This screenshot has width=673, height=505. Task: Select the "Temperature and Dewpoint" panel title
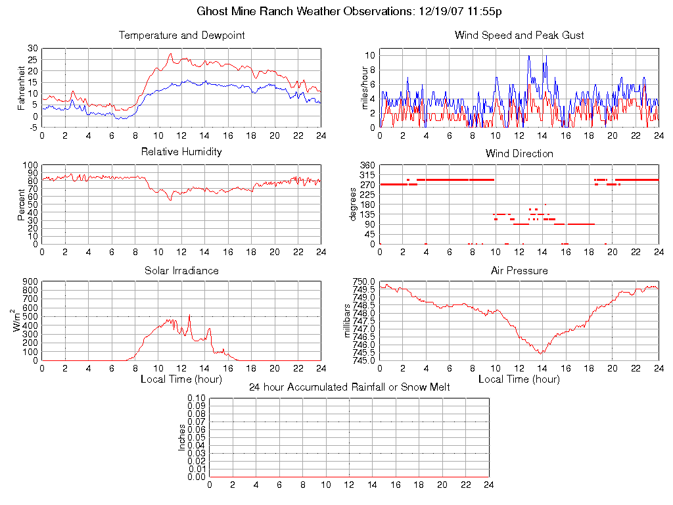(x=181, y=36)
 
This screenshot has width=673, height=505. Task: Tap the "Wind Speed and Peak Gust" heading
(x=519, y=36)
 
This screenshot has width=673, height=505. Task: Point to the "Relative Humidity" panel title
(x=181, y=152)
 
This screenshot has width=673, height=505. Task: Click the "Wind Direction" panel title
(x=519, y=154)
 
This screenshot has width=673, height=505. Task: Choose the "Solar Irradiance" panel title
(x=181, y=271)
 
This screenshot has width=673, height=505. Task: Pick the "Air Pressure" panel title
(x=519, y=271)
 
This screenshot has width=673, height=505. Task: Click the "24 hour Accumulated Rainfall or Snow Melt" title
(x=349, y=387)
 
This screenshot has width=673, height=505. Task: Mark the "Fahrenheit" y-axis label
(x=22, y=88)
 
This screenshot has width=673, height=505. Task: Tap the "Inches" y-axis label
(x=182, y=437)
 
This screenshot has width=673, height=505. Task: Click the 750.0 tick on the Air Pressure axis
(x=363, y=282)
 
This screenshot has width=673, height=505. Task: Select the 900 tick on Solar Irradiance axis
(x=30, y=282)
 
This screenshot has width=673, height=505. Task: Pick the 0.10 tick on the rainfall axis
(x=197, y=398)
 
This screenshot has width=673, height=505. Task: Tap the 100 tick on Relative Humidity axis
(x=30, y=165)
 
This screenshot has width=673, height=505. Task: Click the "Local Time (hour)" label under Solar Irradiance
(x=181, y=379)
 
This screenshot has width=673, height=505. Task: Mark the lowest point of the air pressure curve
(x=541, y=354)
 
